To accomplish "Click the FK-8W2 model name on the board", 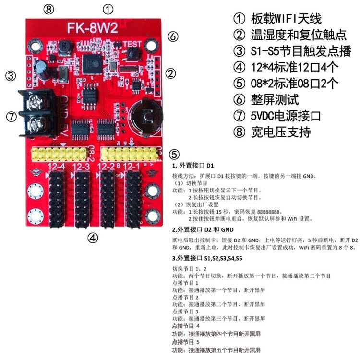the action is click(x=93, y=27).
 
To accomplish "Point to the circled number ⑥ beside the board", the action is click(x=173, y=37).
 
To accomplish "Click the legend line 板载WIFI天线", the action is click(x=278, y=19).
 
